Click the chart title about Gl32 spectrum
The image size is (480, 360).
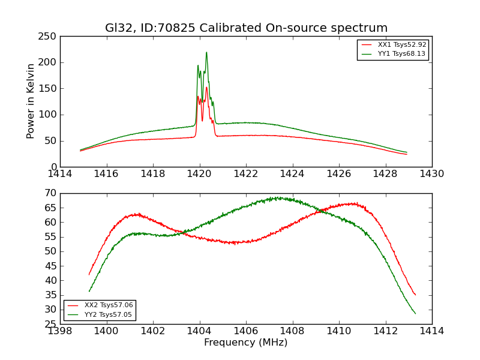point(246,28)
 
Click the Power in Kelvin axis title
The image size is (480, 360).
point(31,101)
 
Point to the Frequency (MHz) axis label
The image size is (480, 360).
point(246,343)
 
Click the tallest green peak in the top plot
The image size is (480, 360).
point(206,52)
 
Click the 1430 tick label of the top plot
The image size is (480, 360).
point(432,174)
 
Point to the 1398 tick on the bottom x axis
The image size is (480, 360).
point(60,331)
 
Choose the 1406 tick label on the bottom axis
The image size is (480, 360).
point(246,331)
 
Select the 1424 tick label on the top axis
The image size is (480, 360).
point(293,174)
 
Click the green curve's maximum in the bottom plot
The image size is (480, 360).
point(277,197)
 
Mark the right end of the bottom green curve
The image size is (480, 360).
point(415,313)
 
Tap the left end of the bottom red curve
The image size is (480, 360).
point(89,275)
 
